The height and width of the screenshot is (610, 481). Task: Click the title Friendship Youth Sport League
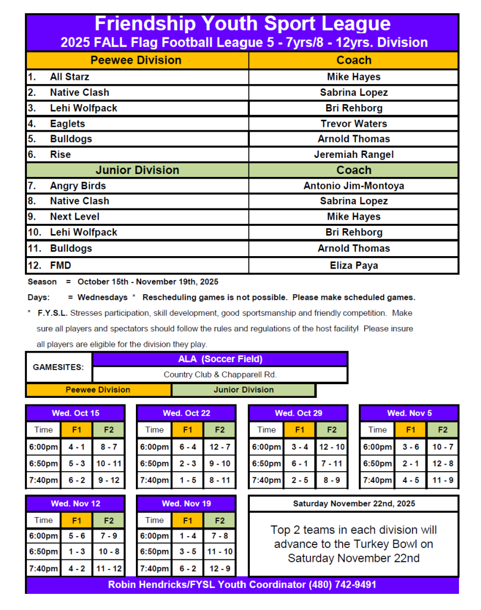[x=242, y=24]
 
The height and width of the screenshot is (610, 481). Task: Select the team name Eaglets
[x=67, y=124]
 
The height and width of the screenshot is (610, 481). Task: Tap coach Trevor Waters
[x=353, y=124]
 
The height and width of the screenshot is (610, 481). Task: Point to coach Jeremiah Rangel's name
[x=353, y=155]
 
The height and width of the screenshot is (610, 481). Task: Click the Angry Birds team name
[x=77, y=186]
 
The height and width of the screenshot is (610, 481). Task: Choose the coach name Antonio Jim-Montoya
[x=353, y=186]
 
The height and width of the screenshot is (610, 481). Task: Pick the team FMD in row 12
[x=60, y=265]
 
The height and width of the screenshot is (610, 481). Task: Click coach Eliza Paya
[x=353, y=265]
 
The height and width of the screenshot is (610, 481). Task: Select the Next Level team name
[x=75, y=217]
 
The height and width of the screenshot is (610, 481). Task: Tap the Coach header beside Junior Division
[x=353, y=170]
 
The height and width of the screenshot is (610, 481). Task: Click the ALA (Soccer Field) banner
[x=220, y=359]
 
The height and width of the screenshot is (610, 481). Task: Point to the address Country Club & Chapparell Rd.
[x=220, y=375]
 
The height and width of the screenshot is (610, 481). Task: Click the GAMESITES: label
[x=58, y=367]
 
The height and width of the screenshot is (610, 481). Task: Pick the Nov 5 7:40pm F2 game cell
[x=443, y=480]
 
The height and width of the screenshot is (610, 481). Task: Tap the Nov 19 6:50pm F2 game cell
[x=220, y=552]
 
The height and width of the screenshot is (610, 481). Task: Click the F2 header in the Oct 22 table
[x=220, y=430]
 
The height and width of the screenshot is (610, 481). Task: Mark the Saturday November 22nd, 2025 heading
[x=353, y=504]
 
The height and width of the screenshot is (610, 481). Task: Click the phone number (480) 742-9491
[x=342, y=585]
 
